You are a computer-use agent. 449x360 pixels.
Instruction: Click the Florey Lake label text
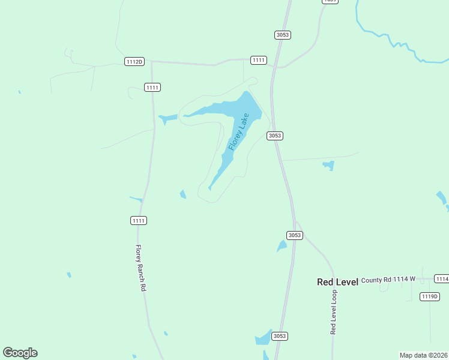click(238, 132)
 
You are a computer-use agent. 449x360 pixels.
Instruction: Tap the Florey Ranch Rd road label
click(140, 268)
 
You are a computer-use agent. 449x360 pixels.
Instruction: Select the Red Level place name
click(337, 282)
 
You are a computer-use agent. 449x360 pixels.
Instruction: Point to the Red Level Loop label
click(334, 312)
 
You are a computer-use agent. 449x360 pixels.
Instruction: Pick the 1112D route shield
click(134, 62)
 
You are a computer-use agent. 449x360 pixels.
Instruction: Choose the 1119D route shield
click(430, 296)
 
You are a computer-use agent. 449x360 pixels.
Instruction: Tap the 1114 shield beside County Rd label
click(442, 279)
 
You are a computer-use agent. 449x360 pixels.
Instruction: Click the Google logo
click(20, 353)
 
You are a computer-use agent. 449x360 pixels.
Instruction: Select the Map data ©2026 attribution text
click(423, 355)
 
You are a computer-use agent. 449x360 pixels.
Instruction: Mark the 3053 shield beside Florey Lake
click(274, 136)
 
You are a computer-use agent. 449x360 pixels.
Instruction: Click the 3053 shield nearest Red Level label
click(294, 235)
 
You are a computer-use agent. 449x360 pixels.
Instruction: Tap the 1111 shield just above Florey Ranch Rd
click(138, 221)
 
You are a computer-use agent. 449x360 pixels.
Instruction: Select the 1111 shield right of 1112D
click(258, 60)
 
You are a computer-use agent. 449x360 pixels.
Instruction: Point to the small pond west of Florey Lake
click(167, 118)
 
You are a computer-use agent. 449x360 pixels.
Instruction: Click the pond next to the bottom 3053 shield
click(264, 340)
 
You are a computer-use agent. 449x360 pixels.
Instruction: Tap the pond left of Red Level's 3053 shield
click(282, 246)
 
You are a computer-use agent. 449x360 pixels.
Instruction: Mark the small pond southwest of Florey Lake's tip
click(182, 194)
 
